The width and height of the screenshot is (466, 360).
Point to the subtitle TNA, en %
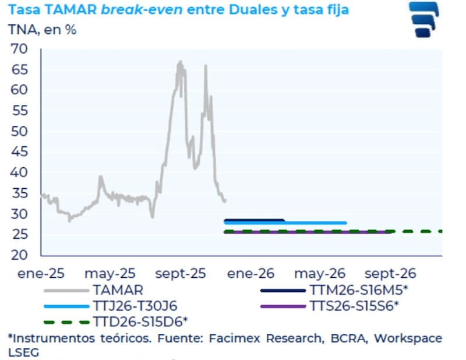tap(42, 30)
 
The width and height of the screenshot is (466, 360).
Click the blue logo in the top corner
tap(428, 19)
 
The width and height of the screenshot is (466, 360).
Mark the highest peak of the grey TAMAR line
tap(180, 61)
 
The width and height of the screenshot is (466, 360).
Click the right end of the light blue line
tap(346, 223)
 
